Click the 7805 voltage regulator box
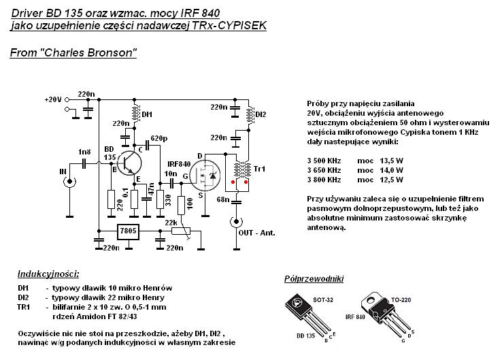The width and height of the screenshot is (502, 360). coord(129,232)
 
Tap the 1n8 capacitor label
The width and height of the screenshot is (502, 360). coord(84,152)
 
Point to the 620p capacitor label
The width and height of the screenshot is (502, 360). coord(158,139)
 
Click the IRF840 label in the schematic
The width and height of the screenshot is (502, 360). coord(178,164)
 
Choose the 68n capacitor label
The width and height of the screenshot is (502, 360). coord(223,199)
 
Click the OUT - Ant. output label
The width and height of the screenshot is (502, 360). coord(258,233)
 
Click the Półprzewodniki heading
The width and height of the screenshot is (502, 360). coord(314,279)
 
